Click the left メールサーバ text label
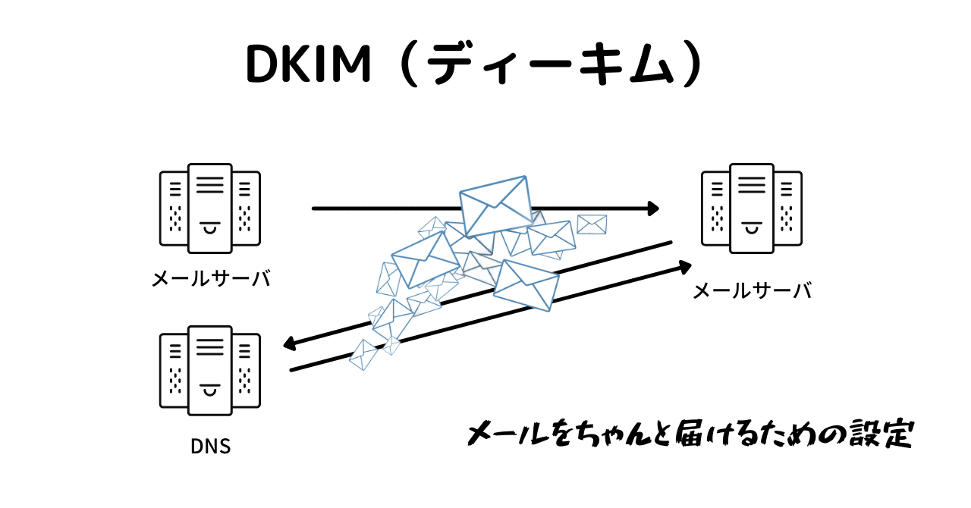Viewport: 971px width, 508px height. coord(211,278)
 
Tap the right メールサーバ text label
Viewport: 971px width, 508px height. coord(752,290)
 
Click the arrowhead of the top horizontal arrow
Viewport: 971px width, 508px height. coord(653,208)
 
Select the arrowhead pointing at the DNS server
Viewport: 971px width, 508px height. coord(289,345)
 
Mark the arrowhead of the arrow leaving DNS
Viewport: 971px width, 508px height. coord(685,266)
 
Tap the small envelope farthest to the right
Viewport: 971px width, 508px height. coord(592,224)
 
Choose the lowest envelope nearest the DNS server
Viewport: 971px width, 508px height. coord(363,354)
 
